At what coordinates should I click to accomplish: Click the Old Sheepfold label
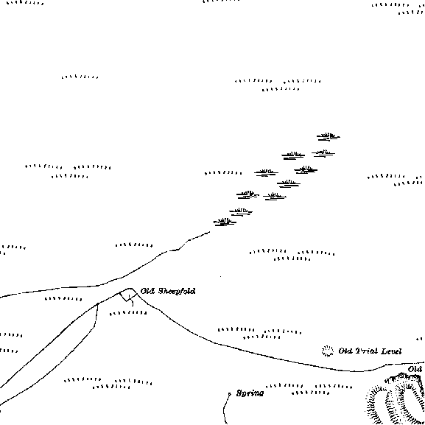(168, 291)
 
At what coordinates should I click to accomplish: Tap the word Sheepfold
(177, 291)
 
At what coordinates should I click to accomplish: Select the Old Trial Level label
(370, 351)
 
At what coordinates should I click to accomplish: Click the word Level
(391, 351)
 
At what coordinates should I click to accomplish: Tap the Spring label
(250, 393)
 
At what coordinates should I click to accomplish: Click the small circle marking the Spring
(230, 394)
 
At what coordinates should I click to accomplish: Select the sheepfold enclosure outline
(128, 295)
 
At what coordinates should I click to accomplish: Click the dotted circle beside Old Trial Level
(328, 351)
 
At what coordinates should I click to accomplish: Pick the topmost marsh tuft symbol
(329, 136)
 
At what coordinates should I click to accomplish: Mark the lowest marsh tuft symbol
(225, 222)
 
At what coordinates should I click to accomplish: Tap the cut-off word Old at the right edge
(415, 369)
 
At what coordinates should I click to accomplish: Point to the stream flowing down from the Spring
(225, 410)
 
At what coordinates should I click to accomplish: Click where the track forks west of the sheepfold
(98, 304)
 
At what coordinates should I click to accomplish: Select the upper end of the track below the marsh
(209, 232)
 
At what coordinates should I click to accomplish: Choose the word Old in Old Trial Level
(345, 351)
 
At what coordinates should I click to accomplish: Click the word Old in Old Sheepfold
(148, 291)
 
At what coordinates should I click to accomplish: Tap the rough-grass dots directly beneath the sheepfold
(128, 313)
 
